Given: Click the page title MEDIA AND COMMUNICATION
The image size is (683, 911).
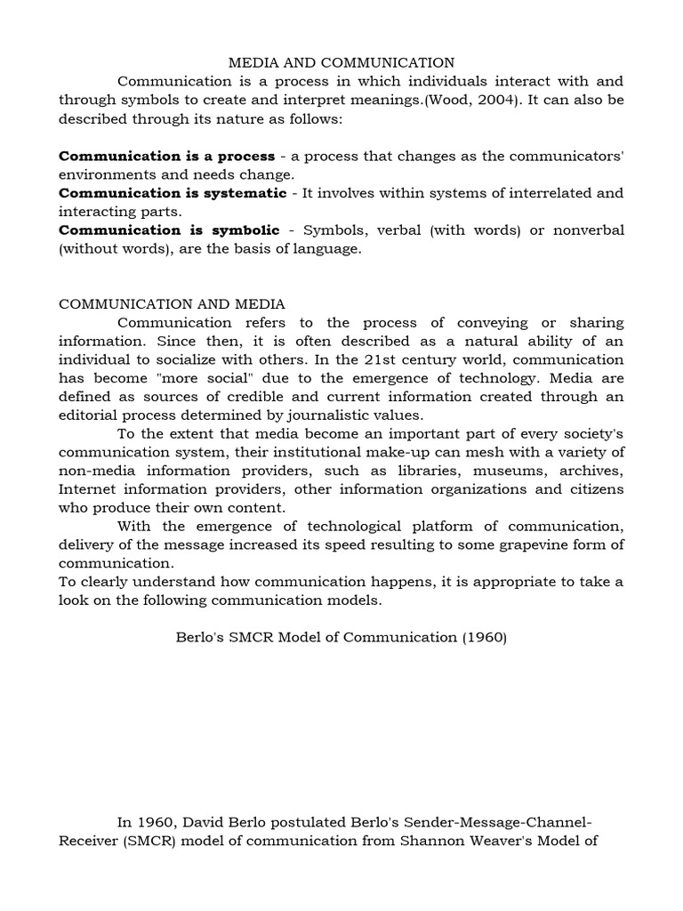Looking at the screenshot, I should pyautogui.click(x=341, y=62).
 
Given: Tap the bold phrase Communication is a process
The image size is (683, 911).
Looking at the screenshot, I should pyautogui.click(x=166, y=157).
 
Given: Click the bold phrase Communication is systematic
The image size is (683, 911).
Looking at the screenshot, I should pyautogui.click(x=173, y=193).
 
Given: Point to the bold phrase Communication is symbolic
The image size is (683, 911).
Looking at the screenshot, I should pyautogui.click(x=169, y=230).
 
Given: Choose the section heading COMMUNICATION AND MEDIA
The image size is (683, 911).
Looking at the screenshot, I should pyautogui.click(x=173, y=304).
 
